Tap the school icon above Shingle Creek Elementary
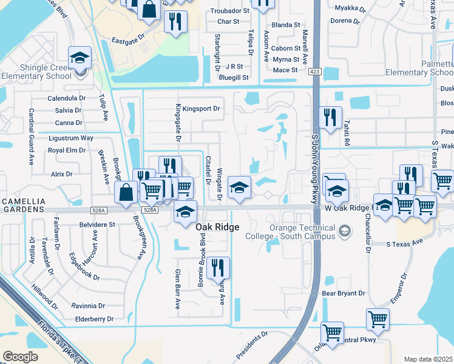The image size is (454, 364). click(80, 58)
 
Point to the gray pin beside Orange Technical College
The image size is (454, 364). click(345, 231)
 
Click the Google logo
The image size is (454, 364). click(20, 356)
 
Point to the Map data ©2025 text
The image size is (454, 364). click(428, 359)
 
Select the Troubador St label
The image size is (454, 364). click(229, 11)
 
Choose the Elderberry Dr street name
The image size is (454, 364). click(93, 318)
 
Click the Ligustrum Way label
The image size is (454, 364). click(70, 138)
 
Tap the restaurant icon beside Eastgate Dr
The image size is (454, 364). click(175, 22)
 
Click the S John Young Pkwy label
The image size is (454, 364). click(314, 164)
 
